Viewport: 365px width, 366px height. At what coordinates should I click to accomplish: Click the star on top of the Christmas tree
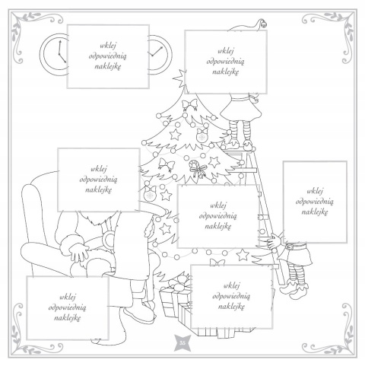[x=179, y=78]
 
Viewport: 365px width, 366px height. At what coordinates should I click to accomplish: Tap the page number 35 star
[x=182, y=343]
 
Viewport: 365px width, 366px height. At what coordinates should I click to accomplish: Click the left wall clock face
[x=54, y=54]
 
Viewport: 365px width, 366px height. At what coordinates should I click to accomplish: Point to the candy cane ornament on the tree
[x=196, y=167]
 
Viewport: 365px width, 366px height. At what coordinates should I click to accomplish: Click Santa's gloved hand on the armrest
[x=78, y=252]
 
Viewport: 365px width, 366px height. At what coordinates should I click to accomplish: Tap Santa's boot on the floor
[x=139, y=314]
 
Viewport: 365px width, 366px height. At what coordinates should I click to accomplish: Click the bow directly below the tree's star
[x=190, y=104]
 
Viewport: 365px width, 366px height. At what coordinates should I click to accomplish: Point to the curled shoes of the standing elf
[x=294, y=289]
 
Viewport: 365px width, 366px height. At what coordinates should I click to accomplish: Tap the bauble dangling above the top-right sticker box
[x=264, y=24]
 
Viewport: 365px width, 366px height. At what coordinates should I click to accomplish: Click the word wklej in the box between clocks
[x=108, y=46]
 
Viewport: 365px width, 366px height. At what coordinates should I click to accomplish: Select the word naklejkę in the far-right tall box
[x=315, y=212]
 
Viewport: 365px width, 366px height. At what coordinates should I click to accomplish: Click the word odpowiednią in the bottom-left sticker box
[x=68, y=307]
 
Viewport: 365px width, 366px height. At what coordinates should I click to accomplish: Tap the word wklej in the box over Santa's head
[x=99, y=169]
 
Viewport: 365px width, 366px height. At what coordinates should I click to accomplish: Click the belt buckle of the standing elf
[x=289, y=247]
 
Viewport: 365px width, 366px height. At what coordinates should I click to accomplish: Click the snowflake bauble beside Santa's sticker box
[x=150, y=194]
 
